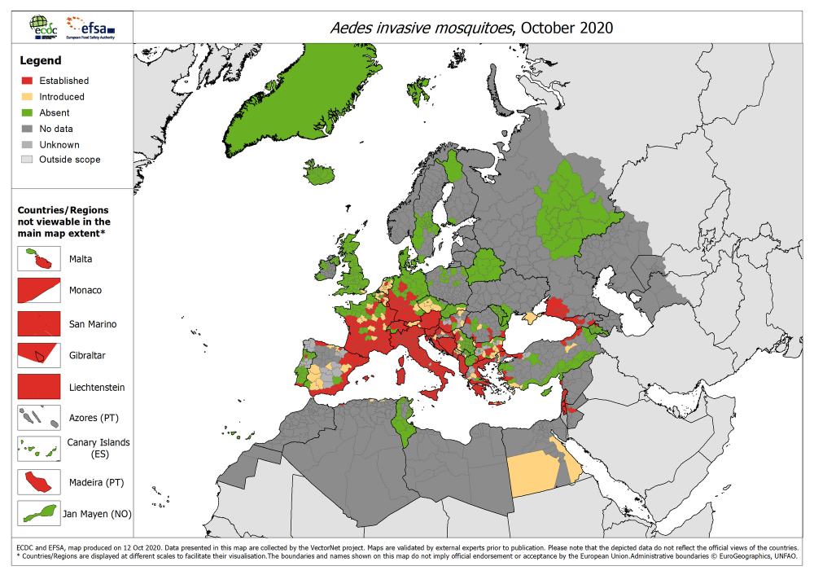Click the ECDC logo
coord(42,26)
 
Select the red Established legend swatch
coord(28,81)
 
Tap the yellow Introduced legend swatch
coord(28,96)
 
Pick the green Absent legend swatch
coord(28,112)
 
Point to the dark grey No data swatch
coord(28,129)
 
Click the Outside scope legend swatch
coord(28,160)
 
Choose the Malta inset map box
coord(39,258)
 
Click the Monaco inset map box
coord(39,290)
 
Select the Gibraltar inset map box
coord(39,354)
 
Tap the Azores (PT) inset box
coord(39,418)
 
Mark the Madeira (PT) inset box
coord(39,481)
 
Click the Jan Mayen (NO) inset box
coord(39,513)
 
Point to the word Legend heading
coord(41,60)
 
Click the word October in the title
coord(549,28)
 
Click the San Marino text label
coord(93,324)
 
